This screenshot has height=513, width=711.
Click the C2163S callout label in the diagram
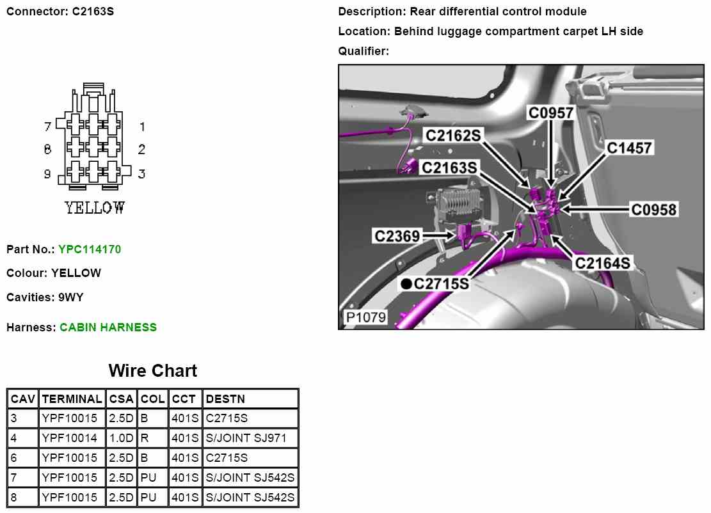point(449,168)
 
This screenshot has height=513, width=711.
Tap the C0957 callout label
point(550,113)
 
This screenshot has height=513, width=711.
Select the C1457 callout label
point(629,148)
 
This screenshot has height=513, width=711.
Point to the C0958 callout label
point(653,209)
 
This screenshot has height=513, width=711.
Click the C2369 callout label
point(397,236)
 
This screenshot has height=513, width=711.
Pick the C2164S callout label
point(602,263)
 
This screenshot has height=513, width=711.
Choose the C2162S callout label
point(453,135)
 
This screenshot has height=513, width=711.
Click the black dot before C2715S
point(406,283)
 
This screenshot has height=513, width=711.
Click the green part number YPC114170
point(90,249)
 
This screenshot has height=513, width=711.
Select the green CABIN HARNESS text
point(108,327)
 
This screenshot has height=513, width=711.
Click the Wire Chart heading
point(153,371)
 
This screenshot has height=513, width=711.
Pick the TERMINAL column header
point(72,399)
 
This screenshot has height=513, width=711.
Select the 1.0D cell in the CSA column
point(121,438)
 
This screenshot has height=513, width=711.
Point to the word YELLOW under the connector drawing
point(95,208)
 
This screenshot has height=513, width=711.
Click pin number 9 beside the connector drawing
point(47,173)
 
